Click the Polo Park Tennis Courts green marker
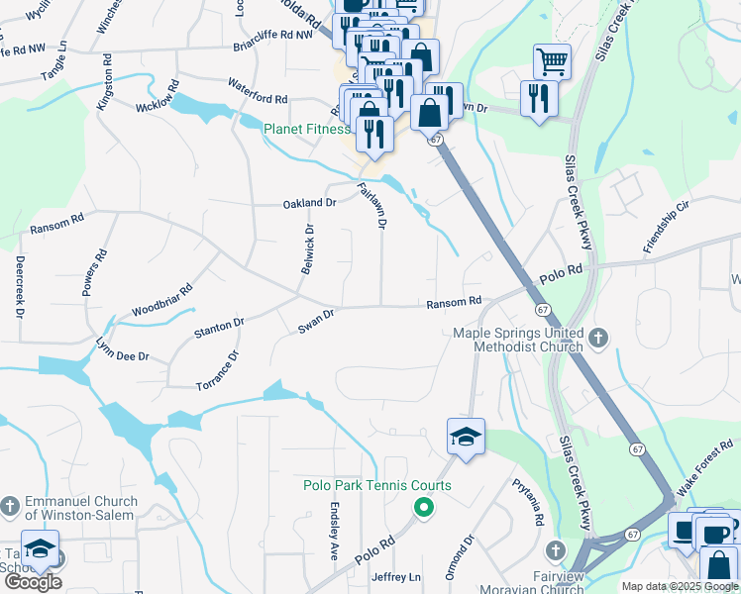[423, 509]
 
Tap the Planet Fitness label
[306, 129]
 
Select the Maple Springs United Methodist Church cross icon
[598, 340]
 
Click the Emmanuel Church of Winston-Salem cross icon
[10, 507]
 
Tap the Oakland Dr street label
[309, 203]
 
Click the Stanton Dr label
[218, 325]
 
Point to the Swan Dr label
[317, 322]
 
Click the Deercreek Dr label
[20, 286]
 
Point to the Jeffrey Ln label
[396, 577]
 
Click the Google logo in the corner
[33, 582]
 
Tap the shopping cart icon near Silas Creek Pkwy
[552, 61]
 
